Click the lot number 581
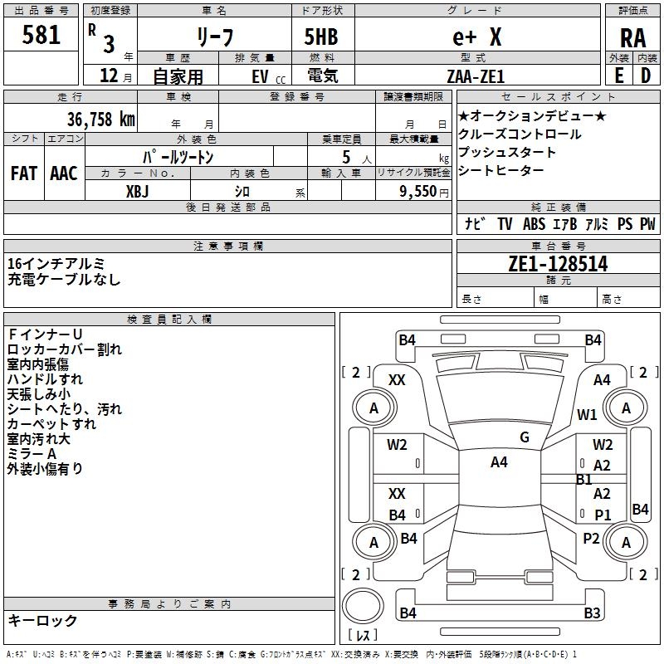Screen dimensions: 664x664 click(x=41, y=35)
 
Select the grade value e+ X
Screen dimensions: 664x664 click(x=476, y=37)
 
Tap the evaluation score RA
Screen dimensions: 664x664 click(x=632, y=38)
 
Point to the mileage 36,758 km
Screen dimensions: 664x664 click(x=101, y=120)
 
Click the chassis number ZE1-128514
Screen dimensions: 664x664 click(x=558, y=264)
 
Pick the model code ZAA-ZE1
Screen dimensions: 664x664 click(x=476, y=76)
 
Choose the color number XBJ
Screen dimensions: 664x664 click(x=137, y=192)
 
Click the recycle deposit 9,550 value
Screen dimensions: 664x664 click(x=417, y=192)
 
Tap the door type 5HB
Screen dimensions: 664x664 click(x=321, y=37)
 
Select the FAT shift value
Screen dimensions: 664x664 click(x=24, y=173)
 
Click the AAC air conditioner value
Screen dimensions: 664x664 click(x=64, y=173)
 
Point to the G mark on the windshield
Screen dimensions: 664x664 click(x=525, y=437)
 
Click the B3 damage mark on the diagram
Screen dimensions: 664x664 click(x=592, y=613)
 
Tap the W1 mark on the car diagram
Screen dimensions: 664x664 click(x=587, y=414)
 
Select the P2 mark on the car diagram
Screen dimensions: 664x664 click(x=591, y=539)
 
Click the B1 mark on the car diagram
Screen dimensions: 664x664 click(x=584, y=480)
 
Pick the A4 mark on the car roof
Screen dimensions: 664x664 click(x=499, y=462)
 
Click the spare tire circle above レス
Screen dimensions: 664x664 click(x=363, y=606)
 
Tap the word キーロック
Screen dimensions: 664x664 click(x=42, y=620)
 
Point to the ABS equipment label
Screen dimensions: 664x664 click(x=534, y=224)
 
